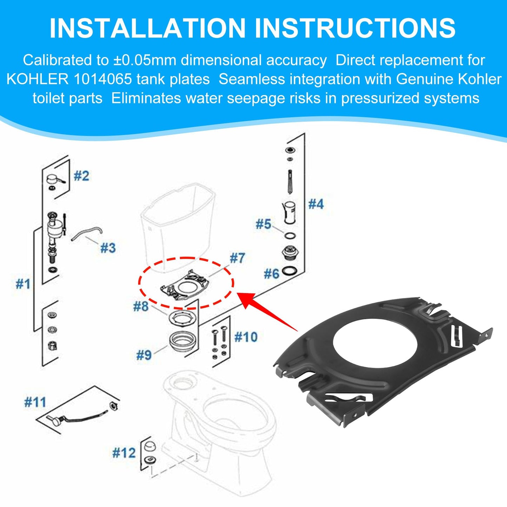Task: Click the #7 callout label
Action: click(x=237, y=258)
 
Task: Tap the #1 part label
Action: click(x=23, y=283)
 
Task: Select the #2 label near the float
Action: click(x=81, y=175)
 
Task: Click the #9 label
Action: click(x=144, y=355)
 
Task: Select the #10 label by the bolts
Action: click(x=246, y=337)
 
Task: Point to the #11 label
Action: click(x=35, y=402)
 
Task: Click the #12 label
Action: click(x=124, y=453)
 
